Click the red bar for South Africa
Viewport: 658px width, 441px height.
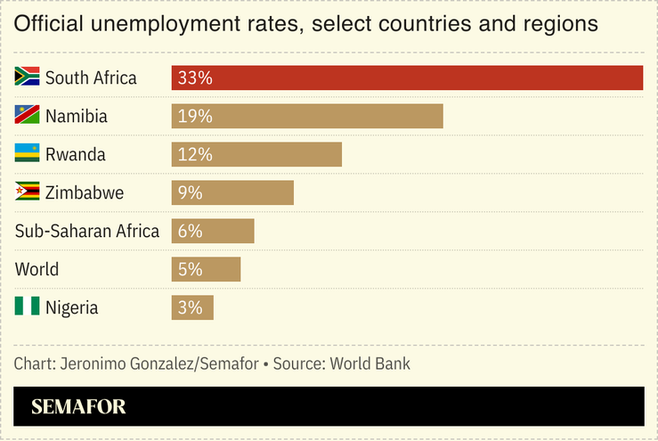407,78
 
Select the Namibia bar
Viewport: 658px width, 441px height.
307,116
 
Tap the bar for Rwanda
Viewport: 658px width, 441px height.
256,154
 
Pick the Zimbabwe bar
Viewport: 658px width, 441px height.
232,192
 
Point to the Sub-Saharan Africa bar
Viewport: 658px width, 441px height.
213,231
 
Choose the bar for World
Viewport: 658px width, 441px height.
206,269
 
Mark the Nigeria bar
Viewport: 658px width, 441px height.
192,307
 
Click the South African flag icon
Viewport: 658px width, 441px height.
28,77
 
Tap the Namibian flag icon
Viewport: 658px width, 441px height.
28,115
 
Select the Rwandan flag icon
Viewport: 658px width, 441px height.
28,153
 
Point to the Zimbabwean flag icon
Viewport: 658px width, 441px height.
28,192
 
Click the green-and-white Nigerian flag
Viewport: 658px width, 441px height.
28,306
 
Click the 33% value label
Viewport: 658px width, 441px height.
195,78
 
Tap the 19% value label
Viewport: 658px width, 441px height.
195,117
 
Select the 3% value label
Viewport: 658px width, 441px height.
191,308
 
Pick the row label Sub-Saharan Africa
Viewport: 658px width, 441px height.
87,231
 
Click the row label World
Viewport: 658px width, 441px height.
37,269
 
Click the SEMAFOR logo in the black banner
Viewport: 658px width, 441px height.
78,408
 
